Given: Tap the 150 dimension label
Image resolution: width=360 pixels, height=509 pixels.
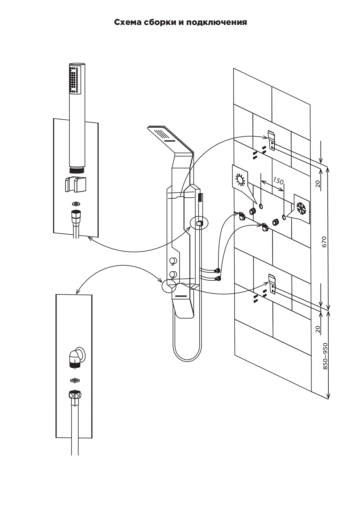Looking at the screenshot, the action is [x=278, y=181].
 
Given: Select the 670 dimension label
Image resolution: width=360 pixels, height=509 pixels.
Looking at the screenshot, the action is [x=324, y=242].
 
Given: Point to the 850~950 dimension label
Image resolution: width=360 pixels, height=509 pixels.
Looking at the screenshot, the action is [x=325, y=356].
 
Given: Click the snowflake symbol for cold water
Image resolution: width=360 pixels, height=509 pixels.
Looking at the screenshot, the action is [x=302, y=209].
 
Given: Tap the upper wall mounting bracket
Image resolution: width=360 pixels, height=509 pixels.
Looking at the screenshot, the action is [x=271, y=141].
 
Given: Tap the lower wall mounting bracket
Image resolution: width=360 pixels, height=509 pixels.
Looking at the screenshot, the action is [x=272, y=284].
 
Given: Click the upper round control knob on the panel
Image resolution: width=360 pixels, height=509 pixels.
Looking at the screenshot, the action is [x=173, y=261].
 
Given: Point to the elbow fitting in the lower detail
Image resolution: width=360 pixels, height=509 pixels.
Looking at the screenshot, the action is [x=77, y=357].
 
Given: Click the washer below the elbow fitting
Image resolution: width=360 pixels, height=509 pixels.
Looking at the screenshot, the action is [x=75, y=380].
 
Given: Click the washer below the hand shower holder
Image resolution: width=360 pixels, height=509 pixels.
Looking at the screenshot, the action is [x=76, y=204].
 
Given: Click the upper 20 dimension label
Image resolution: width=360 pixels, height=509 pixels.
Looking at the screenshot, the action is [x=318, y=184].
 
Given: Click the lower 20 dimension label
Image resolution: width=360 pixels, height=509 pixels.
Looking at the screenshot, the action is [x=318, y=329].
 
